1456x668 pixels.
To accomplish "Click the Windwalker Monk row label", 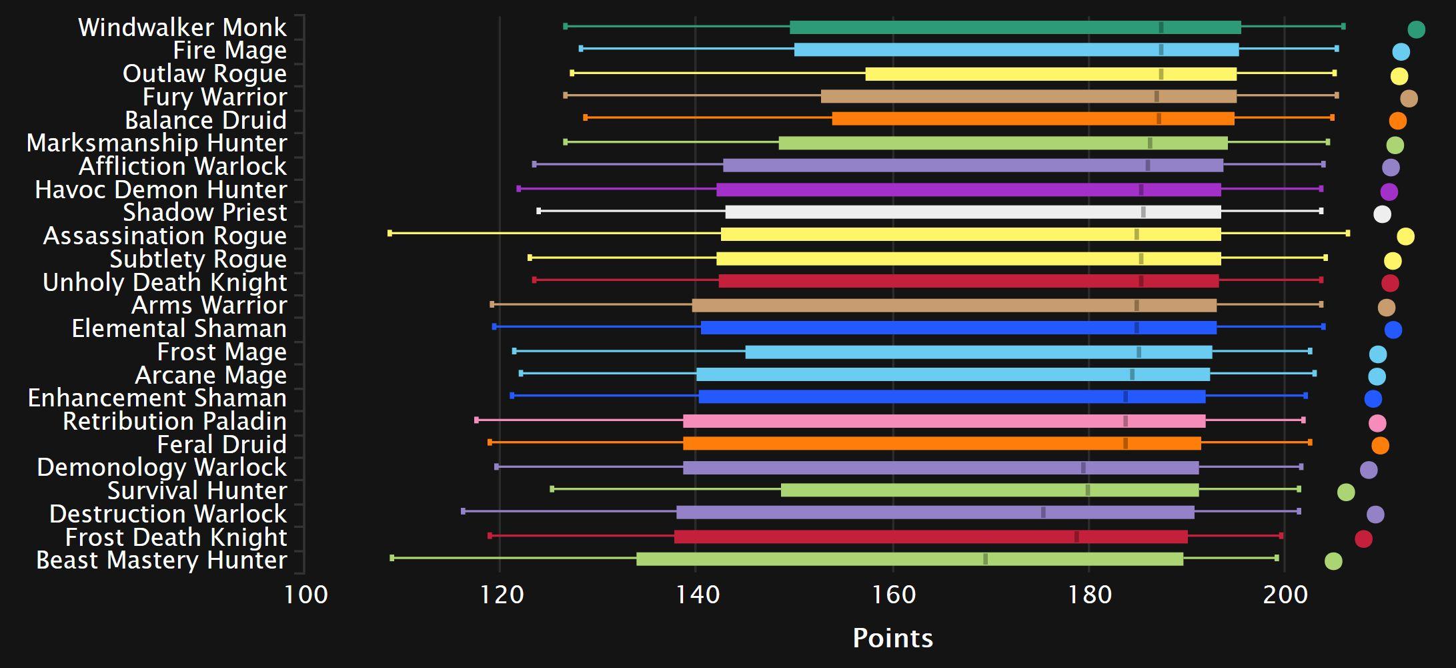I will pyautogui.click(x=182, y=27).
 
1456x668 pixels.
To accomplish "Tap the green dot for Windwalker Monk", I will pyautogui.click(x=1416, y=29).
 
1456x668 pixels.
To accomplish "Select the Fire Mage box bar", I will pyautogui.click(x=1016, y=50).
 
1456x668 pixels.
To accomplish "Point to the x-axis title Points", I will pyautogui.click(x=892, y=639).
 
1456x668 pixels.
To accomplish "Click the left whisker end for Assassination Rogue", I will pyautogui.click(x=390, y=234).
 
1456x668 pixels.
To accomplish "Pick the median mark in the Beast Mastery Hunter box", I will pyautogui.click(x=985, y=559).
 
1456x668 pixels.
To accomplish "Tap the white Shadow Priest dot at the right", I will pyautogui.click(x=1382, y=214).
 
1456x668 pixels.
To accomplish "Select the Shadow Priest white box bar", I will pyautogui.click(x=972, y=212).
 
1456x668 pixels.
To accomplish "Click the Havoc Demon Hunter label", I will pyautogui.click(x=161, y=190).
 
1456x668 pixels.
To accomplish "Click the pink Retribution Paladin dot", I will pyautogui.click(x=1377, y=423).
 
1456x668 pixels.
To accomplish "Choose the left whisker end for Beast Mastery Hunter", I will pyautogui.click(x=392, y=558).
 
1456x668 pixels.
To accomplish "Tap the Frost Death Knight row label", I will pyautogui.click(x=176, y=537).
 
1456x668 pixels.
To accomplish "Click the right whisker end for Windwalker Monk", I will pyautogui.click(x=1343, y=27).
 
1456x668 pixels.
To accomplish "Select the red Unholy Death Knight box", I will pyautogui.click(x=968, y=281).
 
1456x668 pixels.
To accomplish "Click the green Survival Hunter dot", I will pyautogui.click(x=1346, y=492).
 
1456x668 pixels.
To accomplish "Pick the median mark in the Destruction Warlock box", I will pyautogui.click(x=1043, y=513).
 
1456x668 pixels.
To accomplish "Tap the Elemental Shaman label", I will pyautogui.click(x=179, y=329).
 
